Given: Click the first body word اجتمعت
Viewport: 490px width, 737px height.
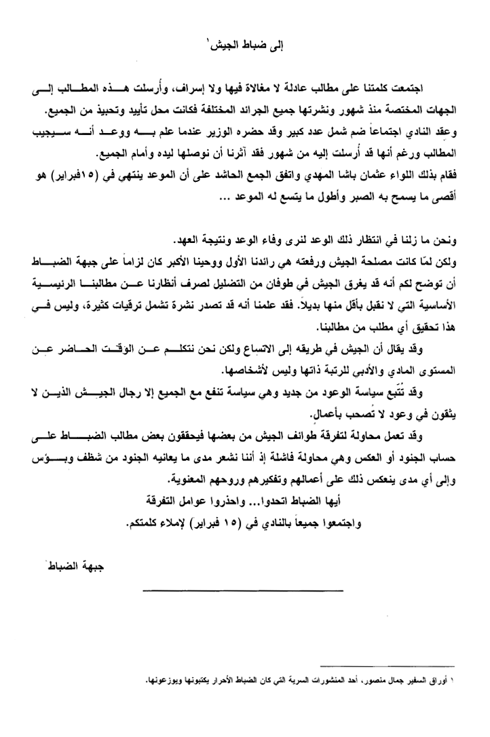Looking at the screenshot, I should click(432, 91).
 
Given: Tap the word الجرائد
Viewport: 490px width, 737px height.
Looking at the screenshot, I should click(252, 109).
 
